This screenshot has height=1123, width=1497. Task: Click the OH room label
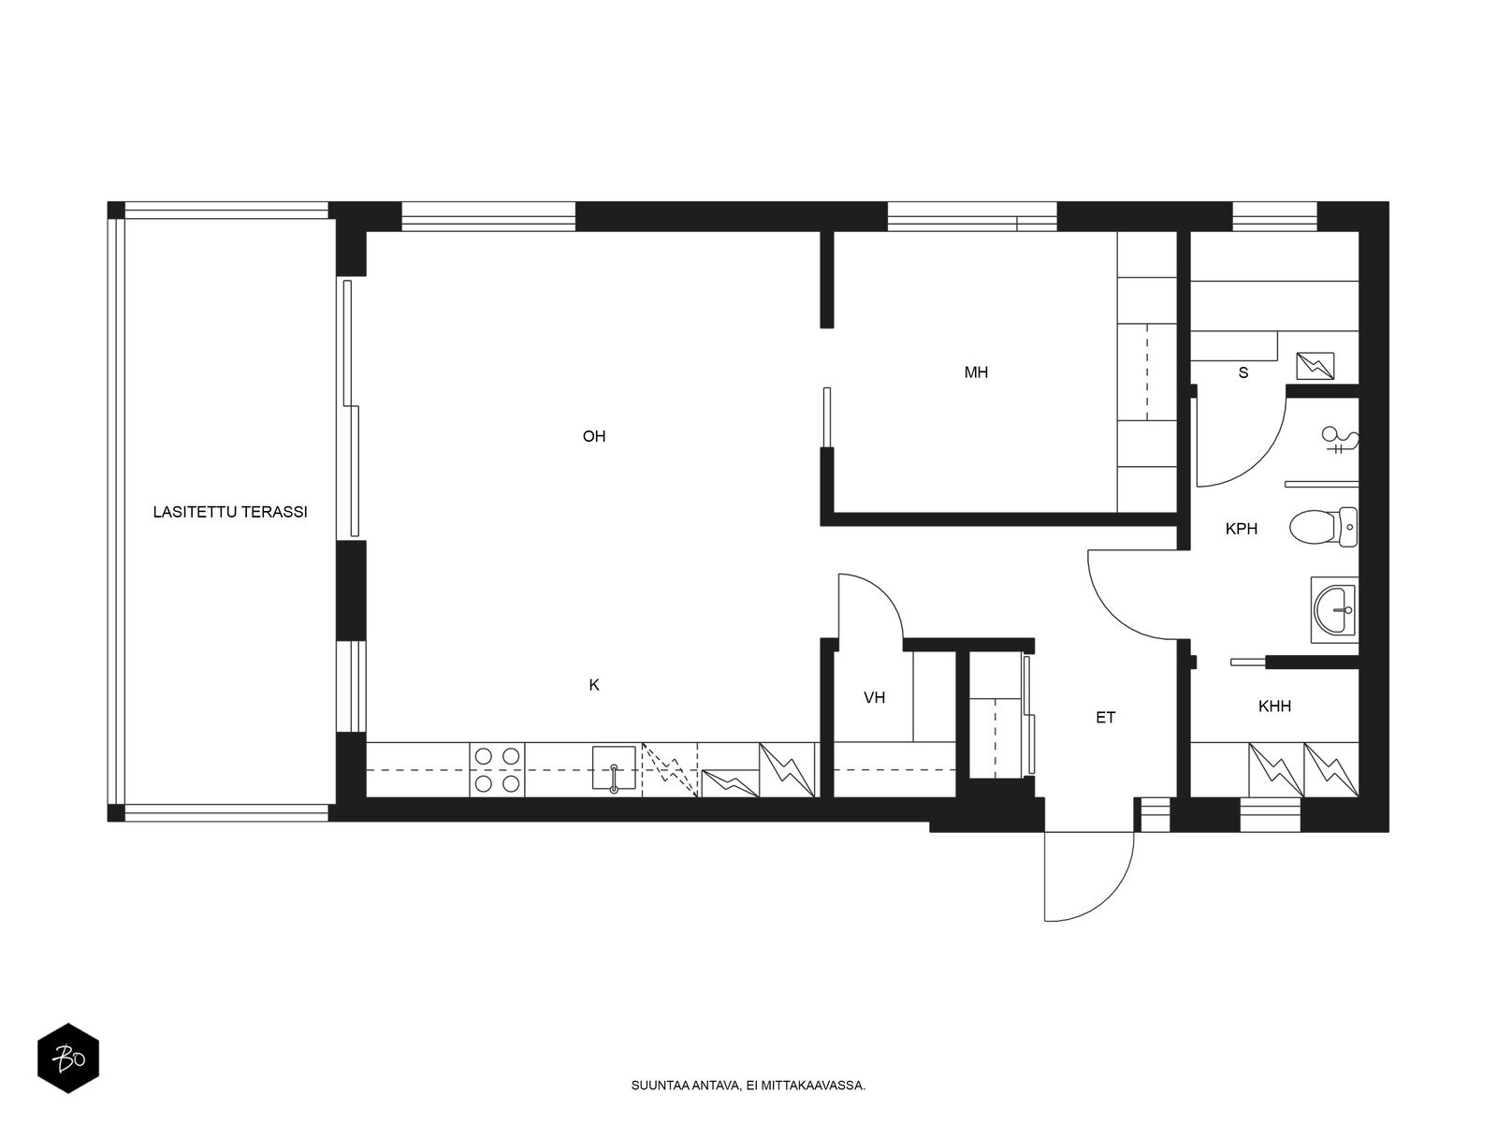click(x=594, y=436)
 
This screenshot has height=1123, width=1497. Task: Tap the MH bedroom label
click(x=976, y=372)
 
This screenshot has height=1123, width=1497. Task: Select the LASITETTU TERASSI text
click(x=230, y=513)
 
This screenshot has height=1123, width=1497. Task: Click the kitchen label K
click(x=594, y=685)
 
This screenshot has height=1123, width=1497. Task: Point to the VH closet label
click(x=875, y=697)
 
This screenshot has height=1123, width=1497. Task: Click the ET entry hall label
click(x=1106, y=718)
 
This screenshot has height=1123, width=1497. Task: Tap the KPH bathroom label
click(x=1242, y=529)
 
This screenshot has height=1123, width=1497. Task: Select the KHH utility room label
click(x=1274, y=707)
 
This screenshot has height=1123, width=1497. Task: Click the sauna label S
click(x=1243, y=372)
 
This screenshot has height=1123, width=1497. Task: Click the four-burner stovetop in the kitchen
click(x=497, y=769)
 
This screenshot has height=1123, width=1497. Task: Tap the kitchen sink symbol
click(x=614, y=769)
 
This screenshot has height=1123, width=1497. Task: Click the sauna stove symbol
click(x=1315, y=366)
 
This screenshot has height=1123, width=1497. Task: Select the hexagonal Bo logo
click(x=67, y=1060)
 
